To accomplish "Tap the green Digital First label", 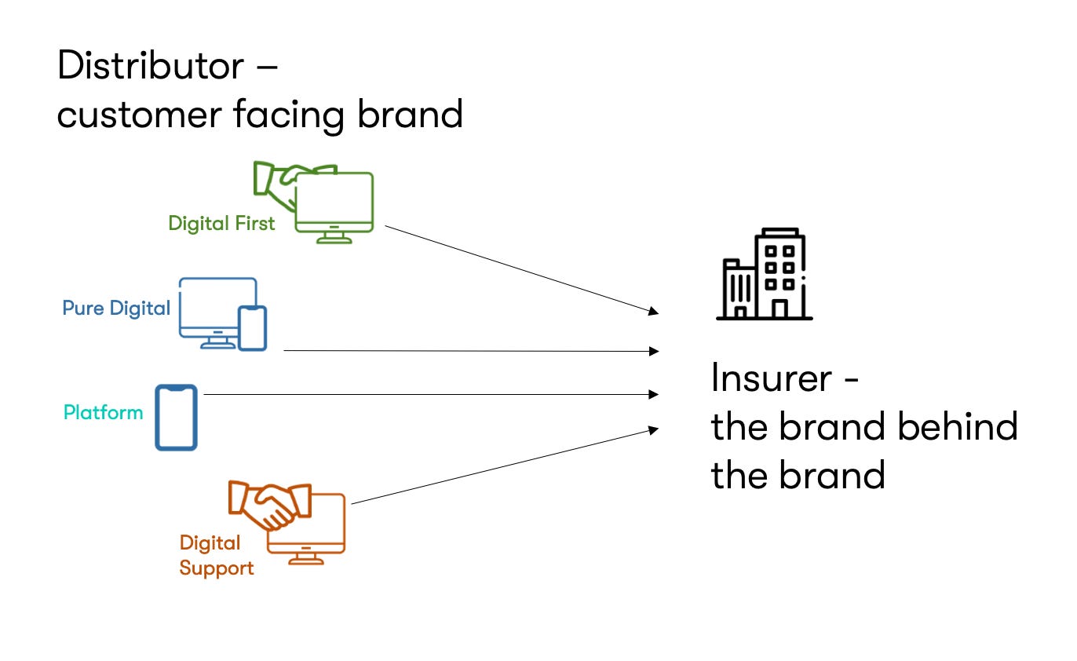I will (x=221, y=224).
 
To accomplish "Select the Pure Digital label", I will (x=116, y=309).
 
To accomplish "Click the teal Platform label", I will (x=103, y=412).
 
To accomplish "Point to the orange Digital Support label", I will (x=216, y=555).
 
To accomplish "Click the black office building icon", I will (x=764, y=275).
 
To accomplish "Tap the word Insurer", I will (x=771, y=379).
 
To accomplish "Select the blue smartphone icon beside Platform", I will (x=176, y=417).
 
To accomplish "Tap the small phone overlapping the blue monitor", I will (x=253, y=327).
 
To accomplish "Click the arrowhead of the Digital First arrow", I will (x=654, y=312).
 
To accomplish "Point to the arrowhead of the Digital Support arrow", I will (x=654, y=429).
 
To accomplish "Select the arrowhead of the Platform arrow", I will (x=655, y=395).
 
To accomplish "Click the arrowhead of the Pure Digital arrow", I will (x=655, y=352).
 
